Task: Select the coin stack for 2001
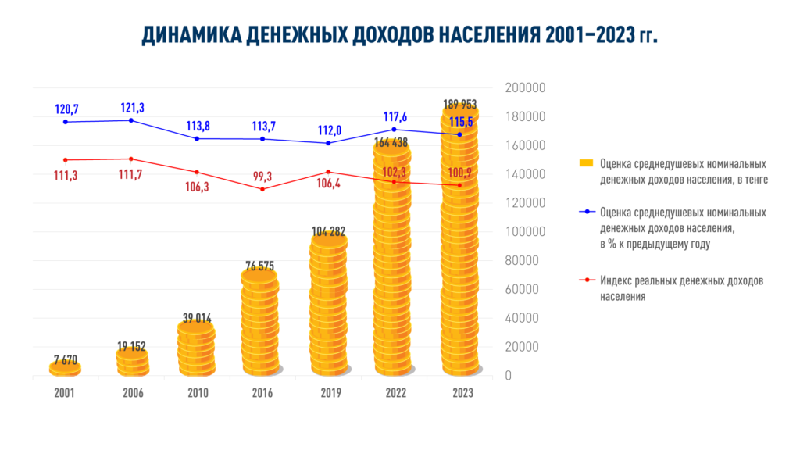click(x=65, y=368)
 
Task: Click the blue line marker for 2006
click(x=130, y=120)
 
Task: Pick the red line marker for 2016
click(x=262, y=189)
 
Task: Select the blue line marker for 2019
click(x=328, y=143)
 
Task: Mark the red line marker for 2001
click(x=65, y=160)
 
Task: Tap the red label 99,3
click(x=262, y=176)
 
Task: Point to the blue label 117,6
click(x=395, y=117)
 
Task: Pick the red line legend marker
click(x=586, y=280)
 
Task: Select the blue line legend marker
click(x=586, y=212)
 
